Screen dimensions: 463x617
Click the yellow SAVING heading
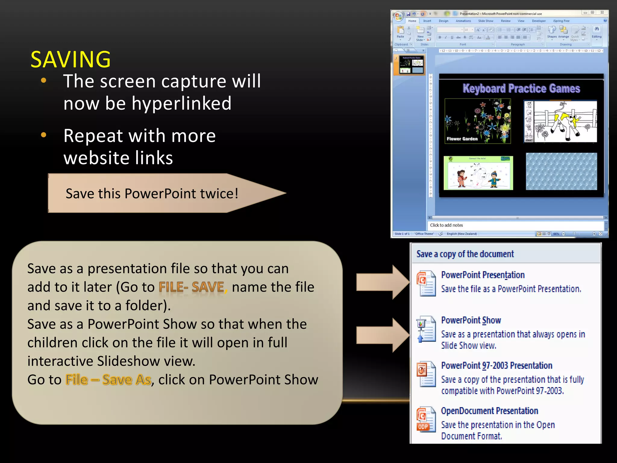click(x=70, y=59)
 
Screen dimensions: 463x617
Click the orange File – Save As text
click(x=108, y=380)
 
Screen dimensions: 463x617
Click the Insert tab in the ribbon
click(x=427, y=21)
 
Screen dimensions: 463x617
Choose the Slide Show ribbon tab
click(x=485, y=21)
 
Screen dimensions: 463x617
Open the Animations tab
click(x=463, y=21)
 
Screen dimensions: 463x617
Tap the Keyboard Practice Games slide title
click(x=521, y=88)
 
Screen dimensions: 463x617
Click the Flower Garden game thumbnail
click(x=478, y=121)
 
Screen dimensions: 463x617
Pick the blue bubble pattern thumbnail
click(x=561, y=172)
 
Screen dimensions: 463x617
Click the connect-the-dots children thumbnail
click(x=478, y=173)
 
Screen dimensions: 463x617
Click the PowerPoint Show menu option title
click(x=471, y=320)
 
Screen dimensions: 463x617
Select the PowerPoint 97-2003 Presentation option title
click(x=496, y=366)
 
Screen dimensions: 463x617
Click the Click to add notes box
click(x=515, y=225)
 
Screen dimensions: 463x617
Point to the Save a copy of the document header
click(x=465, y=254)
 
